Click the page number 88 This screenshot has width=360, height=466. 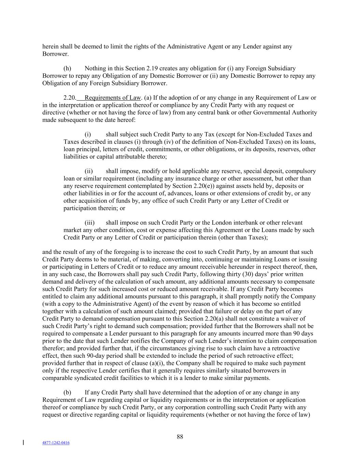coord(180,437)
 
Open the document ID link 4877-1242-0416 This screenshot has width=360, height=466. coord(56,443)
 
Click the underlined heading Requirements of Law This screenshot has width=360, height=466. coord(113,98)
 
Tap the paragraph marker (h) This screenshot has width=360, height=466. coord(67,68)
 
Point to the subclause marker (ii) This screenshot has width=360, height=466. coord(89,171)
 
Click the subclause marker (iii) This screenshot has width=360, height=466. coord(89,223)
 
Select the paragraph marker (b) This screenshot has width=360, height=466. coord(67,393)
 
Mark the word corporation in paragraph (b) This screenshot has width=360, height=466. coord(195,407)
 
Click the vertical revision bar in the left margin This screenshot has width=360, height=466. coord(23,442)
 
